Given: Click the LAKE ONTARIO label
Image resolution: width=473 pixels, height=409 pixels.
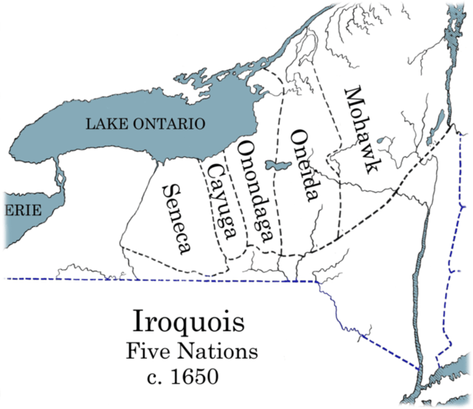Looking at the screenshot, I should coord(146,124).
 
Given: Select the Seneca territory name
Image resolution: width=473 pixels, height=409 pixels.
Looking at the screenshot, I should coord(176,217).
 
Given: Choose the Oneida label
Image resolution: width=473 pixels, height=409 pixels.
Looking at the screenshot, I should coord(304,165).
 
